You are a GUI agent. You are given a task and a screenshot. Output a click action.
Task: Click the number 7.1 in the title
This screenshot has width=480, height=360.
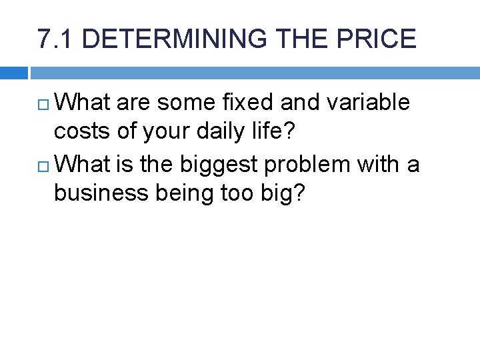[x=55, y=39]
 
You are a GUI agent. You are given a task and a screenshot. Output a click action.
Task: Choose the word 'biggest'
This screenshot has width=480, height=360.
[x=216, y=163]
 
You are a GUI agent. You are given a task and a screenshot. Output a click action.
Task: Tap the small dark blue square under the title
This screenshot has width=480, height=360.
[x=14, y=73]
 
